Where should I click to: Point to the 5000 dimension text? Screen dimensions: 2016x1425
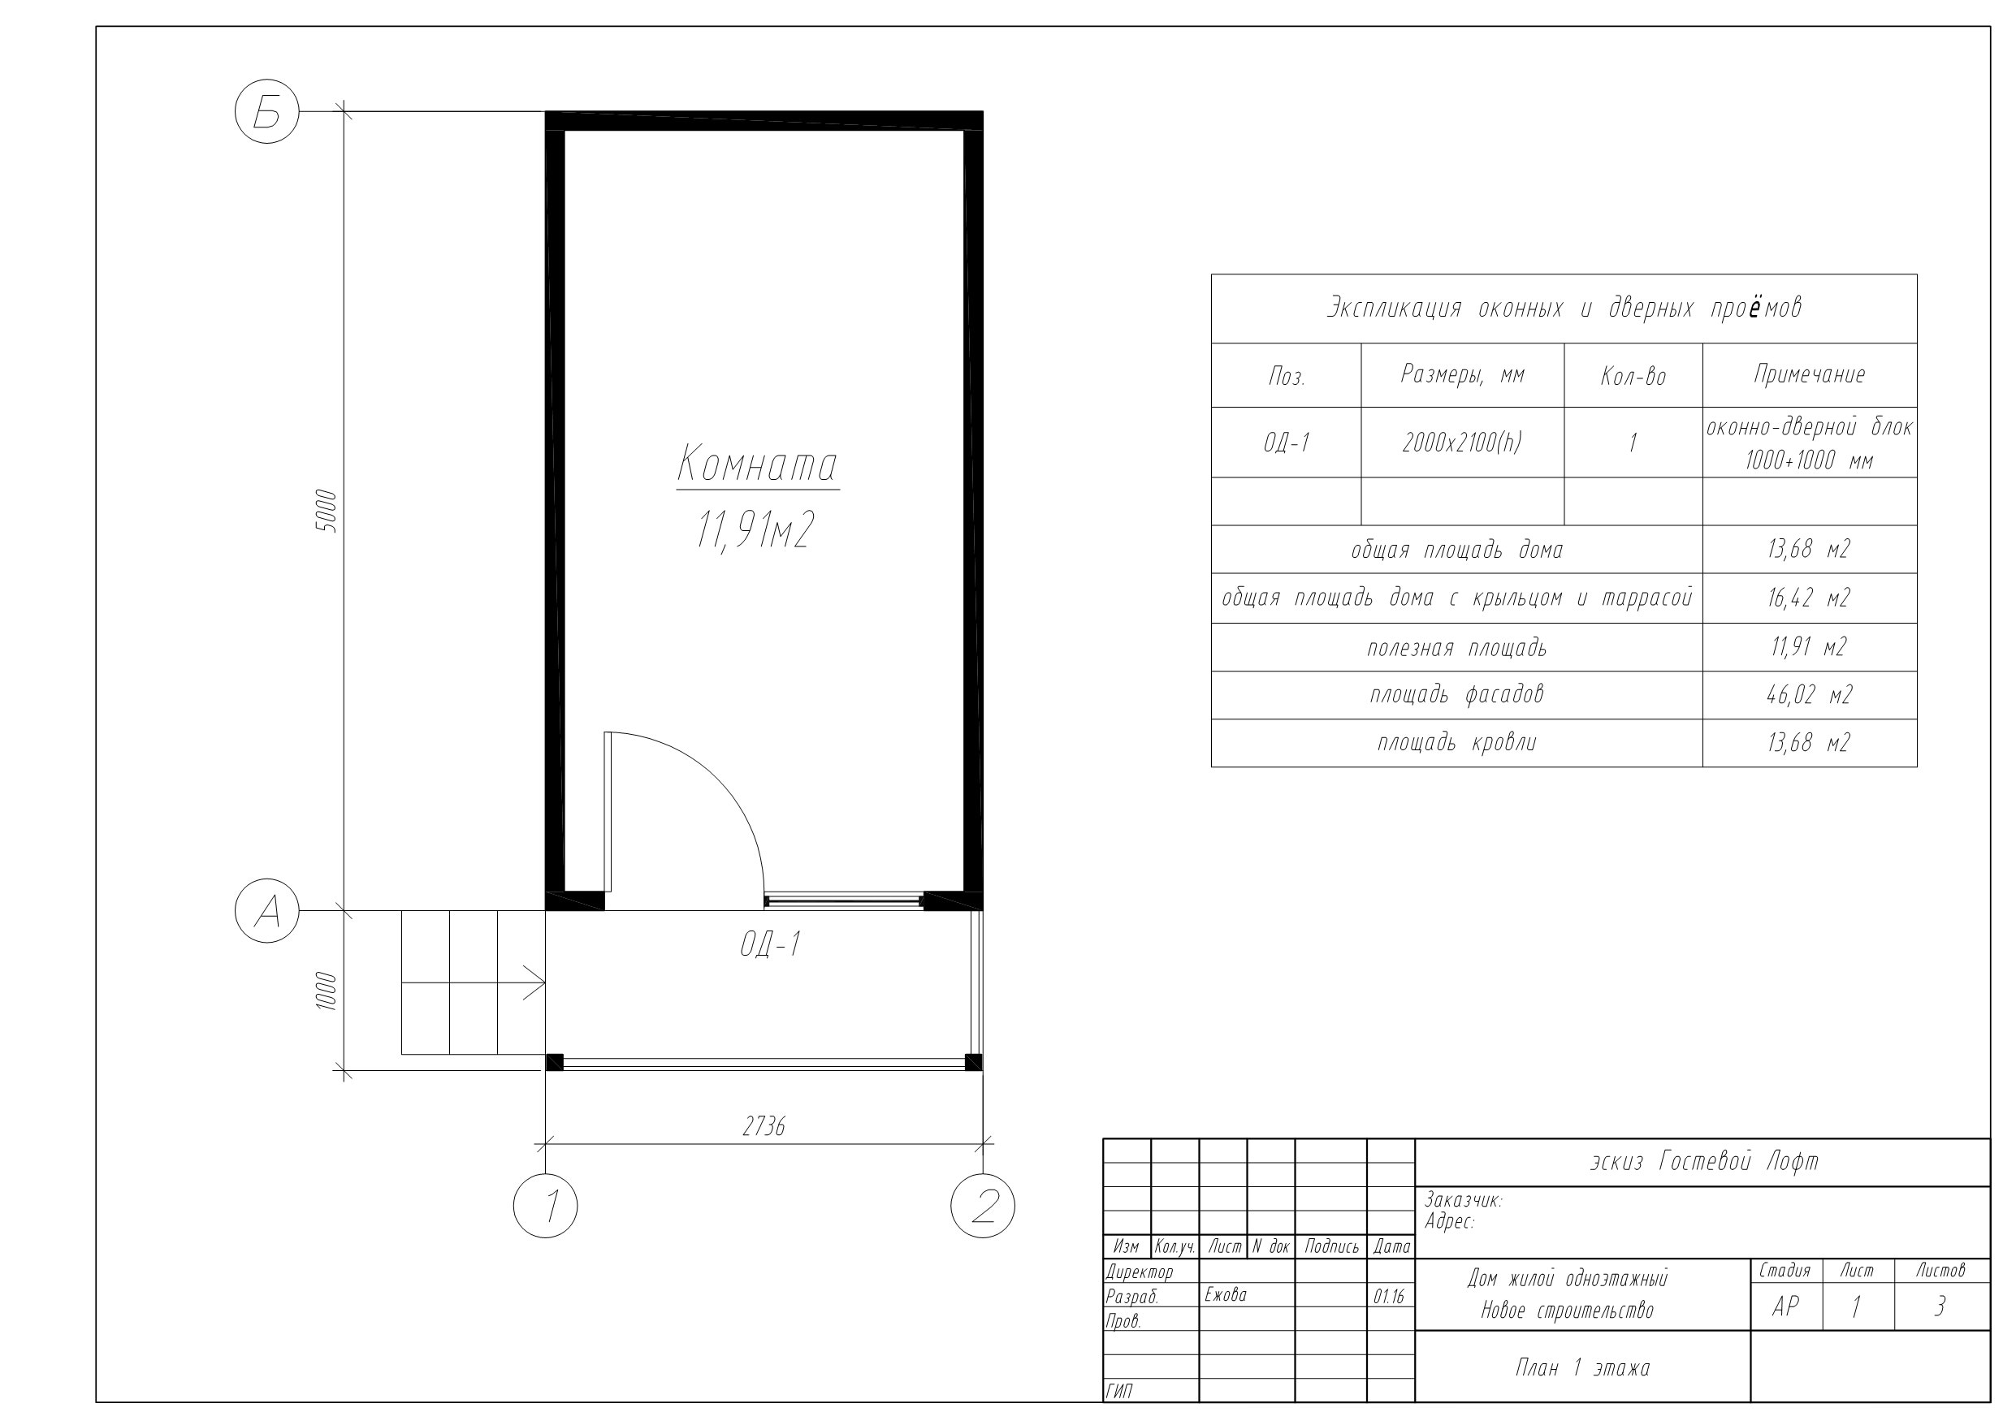pos(325,511)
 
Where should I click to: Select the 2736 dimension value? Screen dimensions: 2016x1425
pos(763,1126)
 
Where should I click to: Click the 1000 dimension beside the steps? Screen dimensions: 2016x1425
pos(325,991)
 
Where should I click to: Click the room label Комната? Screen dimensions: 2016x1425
pos(757,464)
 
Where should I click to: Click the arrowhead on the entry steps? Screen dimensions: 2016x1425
pos(534,982)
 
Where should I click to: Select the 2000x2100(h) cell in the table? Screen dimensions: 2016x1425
pos(1461,443)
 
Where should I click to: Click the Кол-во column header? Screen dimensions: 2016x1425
pos(1633,377)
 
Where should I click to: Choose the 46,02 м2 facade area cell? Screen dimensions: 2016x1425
pos(1809,695)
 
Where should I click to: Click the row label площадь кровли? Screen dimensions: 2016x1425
pos(1456,743)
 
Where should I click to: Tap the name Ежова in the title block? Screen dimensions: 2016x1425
pos(1225,1294)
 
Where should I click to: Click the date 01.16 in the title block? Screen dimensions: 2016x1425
pos(1389,1296)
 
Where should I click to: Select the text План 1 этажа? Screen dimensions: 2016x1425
pos(1582,1367)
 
